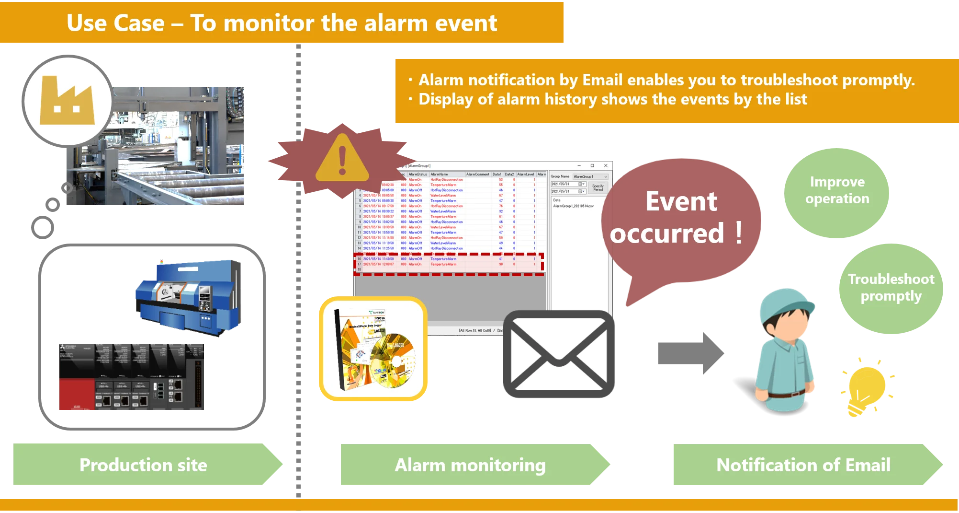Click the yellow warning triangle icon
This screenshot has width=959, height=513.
click(342, 159)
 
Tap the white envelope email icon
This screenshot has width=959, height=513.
click(559, 354)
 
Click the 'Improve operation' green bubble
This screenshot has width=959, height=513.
click(837, 191)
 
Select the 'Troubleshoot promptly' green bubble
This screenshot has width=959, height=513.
click(891, 288)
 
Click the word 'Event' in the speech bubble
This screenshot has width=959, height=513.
click(681, 201)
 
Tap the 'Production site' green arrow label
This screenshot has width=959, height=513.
click(144, 465)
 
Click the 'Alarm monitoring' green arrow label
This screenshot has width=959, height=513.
click(470, 465)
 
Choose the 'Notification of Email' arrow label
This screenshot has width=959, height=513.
click(803, 465)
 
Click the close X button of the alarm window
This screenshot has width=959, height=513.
click(606, 166)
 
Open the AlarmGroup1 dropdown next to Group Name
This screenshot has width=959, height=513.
click(590, 177)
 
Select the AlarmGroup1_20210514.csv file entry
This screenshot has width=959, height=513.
click(574, 206)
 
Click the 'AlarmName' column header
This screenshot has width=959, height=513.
click(440, 175)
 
